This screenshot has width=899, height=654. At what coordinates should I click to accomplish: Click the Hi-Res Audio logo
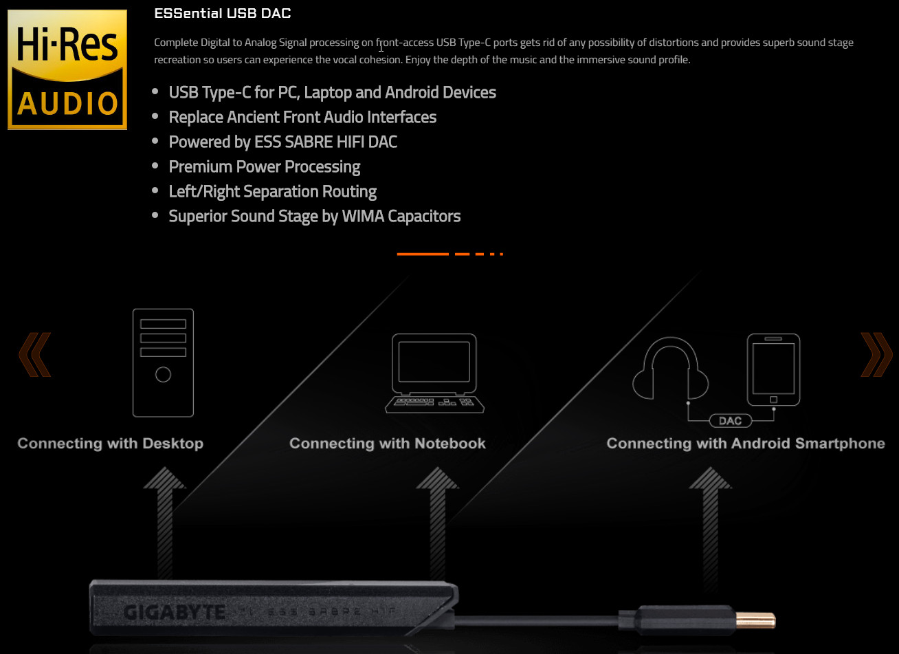[x=67, y=69]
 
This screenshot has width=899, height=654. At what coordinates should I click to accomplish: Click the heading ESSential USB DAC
[x=222, y=13]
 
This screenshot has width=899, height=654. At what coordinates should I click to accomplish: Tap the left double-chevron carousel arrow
[x=35, y=354]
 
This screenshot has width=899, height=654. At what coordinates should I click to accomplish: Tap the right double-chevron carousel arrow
[x=876, y=354]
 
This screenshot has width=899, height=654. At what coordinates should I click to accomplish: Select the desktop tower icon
[x=163, y=363]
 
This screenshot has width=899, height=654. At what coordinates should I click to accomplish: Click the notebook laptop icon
[x=434, y=373]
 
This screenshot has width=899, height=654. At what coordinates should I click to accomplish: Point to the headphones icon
[x=670, y=368]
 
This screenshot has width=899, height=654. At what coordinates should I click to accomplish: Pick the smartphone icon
[x=773, y=369]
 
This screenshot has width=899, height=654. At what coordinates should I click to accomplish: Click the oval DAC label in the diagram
[x=731, y=421]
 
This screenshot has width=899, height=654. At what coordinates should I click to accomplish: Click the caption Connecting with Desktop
[x=111, y=444]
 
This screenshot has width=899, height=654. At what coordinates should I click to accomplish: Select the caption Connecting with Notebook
[x=387, y=444]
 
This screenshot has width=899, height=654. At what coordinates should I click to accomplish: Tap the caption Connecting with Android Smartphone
[x=746, y=444]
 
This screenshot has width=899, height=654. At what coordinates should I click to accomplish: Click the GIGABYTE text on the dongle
[x=174, y=612]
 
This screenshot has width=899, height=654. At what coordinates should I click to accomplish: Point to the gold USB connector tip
[x=755, y=620]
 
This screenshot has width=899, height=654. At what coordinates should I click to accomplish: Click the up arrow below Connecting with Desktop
[x=164, y=522]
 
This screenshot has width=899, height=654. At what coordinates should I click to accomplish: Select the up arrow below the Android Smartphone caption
[x=711, y=526]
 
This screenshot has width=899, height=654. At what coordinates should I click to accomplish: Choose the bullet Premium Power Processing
[x=265, y=167]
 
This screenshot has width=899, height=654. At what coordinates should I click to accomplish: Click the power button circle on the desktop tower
[x=163, y=375]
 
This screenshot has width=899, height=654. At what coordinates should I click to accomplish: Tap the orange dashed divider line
[x=450, y=254]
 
